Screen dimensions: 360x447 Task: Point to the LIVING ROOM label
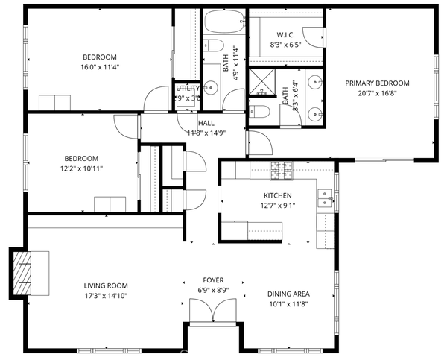[x=106, y=285]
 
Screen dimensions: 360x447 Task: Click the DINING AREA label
[x=289, y=293]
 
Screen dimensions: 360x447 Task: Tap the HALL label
[x=206, y=123]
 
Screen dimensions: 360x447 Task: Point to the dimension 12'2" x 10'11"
[x=81, y=168]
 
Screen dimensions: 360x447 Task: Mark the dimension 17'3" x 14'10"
[x=106, y=295]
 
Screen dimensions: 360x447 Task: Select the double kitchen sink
[x=324, y=198]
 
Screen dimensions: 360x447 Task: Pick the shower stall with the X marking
[x=261, y=83]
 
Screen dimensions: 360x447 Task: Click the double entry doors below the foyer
[x=214, y=311]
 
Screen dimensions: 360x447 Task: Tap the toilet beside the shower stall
[x=261, y=112]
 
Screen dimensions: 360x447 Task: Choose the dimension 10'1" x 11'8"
[x=289, y=303]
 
